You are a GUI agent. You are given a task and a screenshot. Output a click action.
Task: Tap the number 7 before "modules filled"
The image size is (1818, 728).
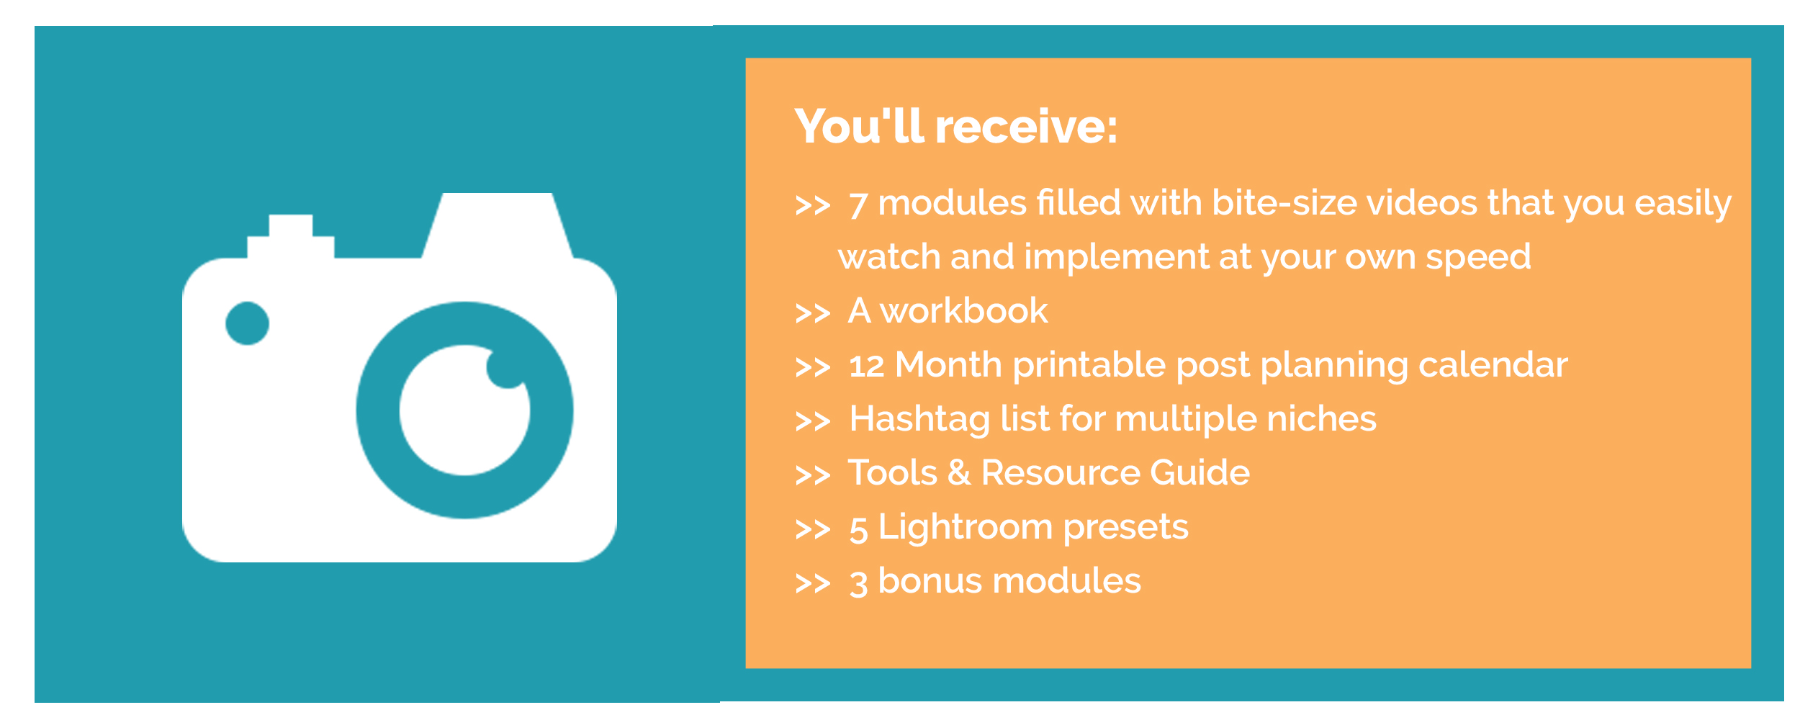858,205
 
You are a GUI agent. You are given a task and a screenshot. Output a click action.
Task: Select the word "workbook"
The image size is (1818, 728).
963,311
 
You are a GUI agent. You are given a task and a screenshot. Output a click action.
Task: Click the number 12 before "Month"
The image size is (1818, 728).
866,366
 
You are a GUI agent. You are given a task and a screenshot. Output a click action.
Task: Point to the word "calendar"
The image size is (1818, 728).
1493,364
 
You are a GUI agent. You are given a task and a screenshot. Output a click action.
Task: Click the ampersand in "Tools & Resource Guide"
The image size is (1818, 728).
959,473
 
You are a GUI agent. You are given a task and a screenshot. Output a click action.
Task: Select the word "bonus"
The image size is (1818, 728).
930,581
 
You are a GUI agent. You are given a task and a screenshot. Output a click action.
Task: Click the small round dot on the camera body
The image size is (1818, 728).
247,323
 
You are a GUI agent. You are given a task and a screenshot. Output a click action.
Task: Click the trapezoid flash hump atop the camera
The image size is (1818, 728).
498,225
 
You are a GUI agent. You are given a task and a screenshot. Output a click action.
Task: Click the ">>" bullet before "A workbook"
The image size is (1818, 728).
813,313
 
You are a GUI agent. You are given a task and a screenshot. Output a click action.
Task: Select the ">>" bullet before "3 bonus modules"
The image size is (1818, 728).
813,583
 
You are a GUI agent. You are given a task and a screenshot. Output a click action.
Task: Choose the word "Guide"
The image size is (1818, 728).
1200,473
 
